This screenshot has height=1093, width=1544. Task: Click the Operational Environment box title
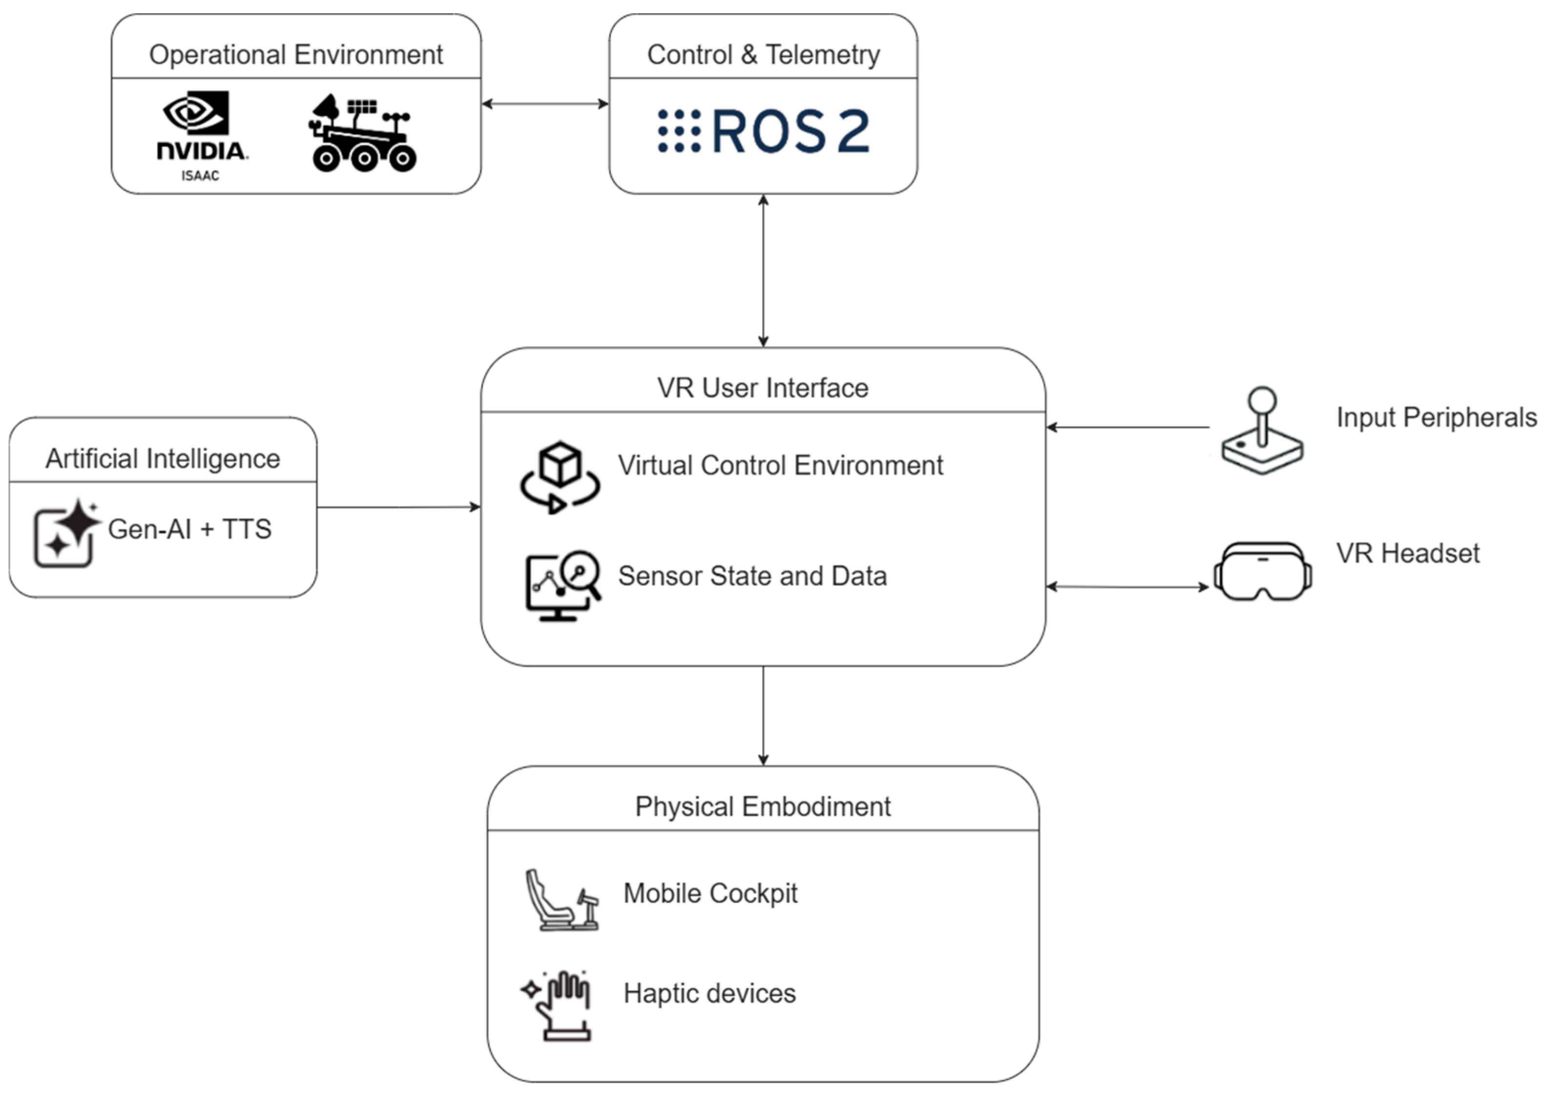click(296, 55)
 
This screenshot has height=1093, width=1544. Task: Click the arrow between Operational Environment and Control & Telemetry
click(545, 103)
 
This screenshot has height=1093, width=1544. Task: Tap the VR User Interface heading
click(763, 388)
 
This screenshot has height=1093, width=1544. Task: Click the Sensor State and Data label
click(752, 576)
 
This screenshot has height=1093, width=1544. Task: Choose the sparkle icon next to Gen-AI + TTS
click(66, 533)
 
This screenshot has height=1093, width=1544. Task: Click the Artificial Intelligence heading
click(163, 458)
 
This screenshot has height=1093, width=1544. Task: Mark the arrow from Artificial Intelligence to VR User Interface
click(398, 507)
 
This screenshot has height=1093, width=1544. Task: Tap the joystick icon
click(1262, 431)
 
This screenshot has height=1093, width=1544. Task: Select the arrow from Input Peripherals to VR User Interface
click(1128, 427)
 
